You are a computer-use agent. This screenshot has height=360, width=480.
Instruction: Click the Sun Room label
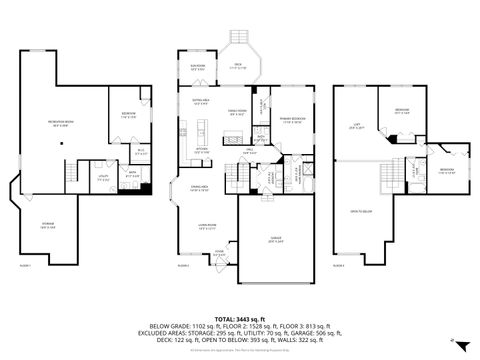click(198, 69)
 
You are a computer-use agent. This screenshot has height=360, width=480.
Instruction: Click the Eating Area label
click(199, 101)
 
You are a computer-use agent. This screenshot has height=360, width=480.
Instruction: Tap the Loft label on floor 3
click(355, 127)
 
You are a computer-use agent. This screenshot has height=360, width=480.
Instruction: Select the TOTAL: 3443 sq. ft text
click(239, 316)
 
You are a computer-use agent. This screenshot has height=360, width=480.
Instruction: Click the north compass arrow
click(452, 341)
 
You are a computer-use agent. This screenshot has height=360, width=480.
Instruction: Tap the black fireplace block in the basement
click(146, 188)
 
